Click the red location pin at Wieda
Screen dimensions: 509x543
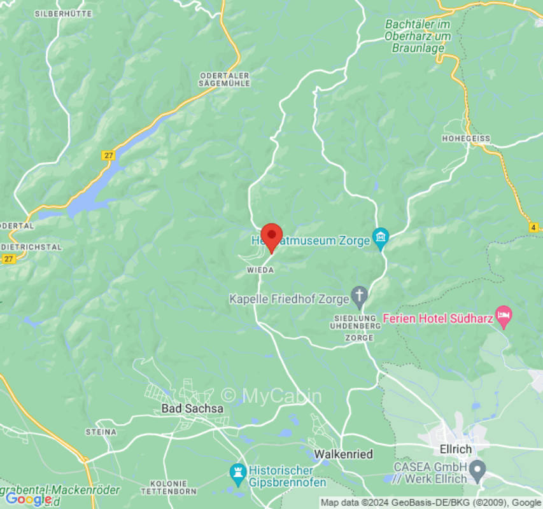[272, 237]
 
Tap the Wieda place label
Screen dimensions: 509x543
[260, 270]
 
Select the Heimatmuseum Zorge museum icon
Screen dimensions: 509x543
[381, 238]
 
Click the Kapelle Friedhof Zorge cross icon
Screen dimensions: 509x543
[360, 296]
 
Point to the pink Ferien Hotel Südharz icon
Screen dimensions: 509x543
[504, 315]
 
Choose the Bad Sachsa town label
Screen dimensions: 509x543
[192, 408]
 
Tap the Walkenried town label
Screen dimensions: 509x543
[344, 454]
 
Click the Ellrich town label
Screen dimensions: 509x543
[456, 449]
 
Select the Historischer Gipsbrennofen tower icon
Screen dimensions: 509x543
[237, 472]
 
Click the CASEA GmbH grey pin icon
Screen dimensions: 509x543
[478, 471]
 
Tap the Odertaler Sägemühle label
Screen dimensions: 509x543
[224, 79]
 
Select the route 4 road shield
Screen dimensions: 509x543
[533, 227]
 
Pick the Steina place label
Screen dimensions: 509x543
[101, 432]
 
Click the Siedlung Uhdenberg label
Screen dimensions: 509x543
[356, 321]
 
